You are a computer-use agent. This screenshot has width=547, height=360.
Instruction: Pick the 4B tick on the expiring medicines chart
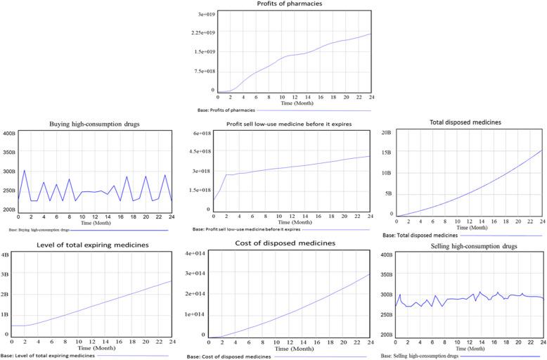click(x=6, y=254)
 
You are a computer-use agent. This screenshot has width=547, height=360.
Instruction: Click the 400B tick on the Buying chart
click(x=8, y=134)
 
